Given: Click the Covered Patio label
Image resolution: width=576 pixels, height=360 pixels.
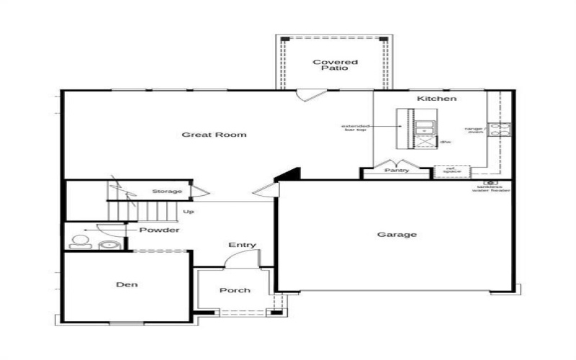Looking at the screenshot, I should point(335,65).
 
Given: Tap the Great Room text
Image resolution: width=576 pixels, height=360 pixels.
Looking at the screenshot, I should point(214,135).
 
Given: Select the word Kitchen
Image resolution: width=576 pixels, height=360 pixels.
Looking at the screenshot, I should point(436,98).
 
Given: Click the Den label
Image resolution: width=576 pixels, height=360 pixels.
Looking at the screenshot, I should point(127,284).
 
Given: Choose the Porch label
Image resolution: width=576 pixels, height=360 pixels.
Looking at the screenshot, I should point(235,290).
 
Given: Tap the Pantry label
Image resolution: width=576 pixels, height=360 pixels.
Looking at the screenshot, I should point(396,171).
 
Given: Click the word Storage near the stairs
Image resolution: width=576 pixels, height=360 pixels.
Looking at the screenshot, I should point(166,192).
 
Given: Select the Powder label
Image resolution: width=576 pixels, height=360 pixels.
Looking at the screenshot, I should point(159,230).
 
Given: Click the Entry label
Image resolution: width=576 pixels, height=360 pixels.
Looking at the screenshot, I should point(243,245).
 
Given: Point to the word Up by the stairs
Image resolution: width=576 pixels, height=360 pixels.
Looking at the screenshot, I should point(189,212).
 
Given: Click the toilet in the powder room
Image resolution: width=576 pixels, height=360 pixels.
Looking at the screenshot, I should point(78,241).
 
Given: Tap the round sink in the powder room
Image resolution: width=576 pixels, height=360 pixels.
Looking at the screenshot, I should point(109,244).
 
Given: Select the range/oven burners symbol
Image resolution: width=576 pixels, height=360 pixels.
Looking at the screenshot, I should point(499,130).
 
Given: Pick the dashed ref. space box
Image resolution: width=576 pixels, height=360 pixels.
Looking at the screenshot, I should point(451,171).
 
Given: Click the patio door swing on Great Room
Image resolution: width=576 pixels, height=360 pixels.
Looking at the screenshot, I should point(310,96).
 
